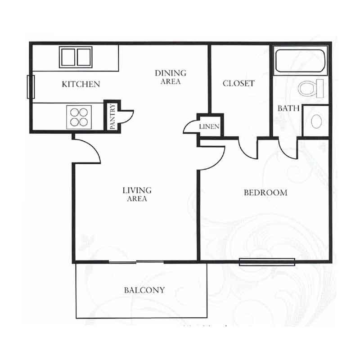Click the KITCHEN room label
point(81,84)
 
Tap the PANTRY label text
point(112,117)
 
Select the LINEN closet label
point(209,126)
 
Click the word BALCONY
point(144,290)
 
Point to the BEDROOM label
point(265,193)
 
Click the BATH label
point(288,108)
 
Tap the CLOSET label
point(239,83)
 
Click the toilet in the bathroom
point(310,88)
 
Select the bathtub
point(300,61)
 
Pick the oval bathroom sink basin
point(316,121)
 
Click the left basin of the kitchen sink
point(68,57)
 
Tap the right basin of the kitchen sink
point(84,57)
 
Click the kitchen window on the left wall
point(31,87)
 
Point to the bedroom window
point(267,262)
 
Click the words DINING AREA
point(171,77)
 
